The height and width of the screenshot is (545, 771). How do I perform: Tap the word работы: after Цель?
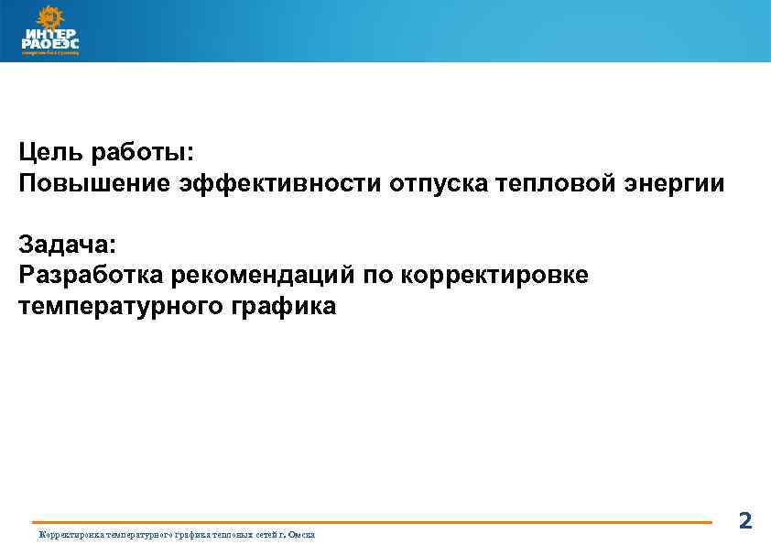pos(147,152)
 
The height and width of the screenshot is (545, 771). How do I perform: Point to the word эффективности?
pos(276,183)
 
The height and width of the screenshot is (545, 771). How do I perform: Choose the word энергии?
pos(673,183)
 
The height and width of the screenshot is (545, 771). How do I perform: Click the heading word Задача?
pos(67,244)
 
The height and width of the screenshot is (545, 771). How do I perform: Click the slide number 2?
pos(744,521)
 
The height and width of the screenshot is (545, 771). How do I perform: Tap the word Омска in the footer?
pos(301,535)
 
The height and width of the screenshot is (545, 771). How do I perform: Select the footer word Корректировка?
pos(68,535)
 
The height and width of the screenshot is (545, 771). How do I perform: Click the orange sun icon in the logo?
pos(46,16)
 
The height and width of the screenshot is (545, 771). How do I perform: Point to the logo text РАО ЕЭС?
pos(50,43)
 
